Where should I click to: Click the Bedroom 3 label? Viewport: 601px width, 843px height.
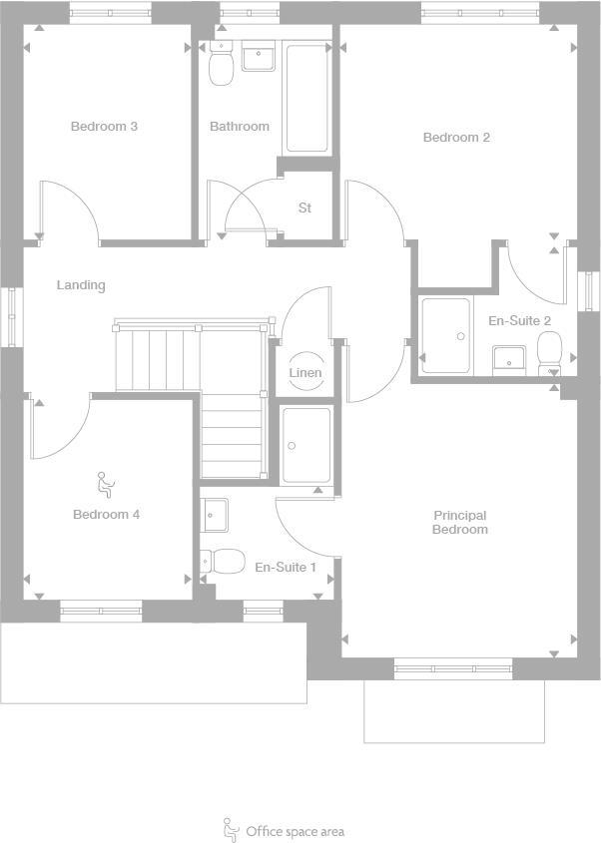(104, 127)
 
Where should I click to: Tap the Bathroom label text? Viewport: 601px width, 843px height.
(240, 127)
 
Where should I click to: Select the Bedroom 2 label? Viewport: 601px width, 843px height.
(456, 138)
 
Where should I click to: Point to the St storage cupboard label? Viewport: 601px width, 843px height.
(304, 209)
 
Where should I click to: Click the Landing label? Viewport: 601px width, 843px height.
(81, 285)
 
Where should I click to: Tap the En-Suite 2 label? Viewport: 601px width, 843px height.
(519, 321)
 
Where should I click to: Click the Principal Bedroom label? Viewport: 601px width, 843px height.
(459, 523)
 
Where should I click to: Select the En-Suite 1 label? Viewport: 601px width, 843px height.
(286, 568)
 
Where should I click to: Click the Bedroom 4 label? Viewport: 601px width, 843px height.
(106, 515)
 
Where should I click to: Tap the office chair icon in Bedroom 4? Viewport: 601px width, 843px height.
(106, 485)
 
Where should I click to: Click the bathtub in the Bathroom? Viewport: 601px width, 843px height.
(306, 98)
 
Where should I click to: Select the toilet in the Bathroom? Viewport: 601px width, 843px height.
(221, 66)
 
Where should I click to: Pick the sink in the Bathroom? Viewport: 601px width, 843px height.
(260, 58)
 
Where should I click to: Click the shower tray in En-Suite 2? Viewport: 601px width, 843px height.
(445, 335)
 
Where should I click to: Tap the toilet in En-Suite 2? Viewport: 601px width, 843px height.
(549, 351)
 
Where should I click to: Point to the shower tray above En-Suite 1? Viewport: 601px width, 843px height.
(306, 445)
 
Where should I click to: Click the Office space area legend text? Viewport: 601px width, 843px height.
(295, 831)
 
